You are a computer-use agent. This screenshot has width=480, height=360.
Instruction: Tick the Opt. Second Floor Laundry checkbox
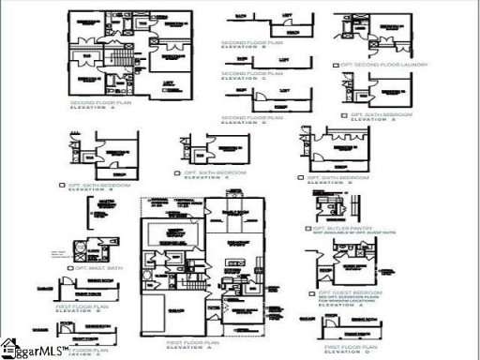pos(336,65)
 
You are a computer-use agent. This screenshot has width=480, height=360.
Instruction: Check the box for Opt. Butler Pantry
pos(308,228)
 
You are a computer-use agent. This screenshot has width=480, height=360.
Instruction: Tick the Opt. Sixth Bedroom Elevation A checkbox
pos(345,115)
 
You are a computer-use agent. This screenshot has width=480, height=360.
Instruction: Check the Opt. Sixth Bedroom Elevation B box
pos(62,186)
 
